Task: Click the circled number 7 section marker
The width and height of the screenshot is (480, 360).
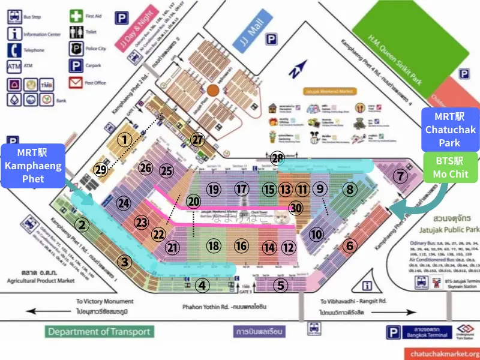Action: [400, 176]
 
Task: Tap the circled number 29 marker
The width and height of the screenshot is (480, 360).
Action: [101, 170]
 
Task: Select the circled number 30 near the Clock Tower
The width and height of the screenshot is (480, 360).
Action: [295, 208]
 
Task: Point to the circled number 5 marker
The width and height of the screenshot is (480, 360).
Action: [281, 285]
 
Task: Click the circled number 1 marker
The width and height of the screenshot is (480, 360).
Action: [124, 140]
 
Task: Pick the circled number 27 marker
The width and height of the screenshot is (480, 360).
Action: [198, 139]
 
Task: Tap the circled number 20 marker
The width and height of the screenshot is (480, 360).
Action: [193, 201]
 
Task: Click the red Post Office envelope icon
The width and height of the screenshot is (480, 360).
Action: [76, 83]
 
